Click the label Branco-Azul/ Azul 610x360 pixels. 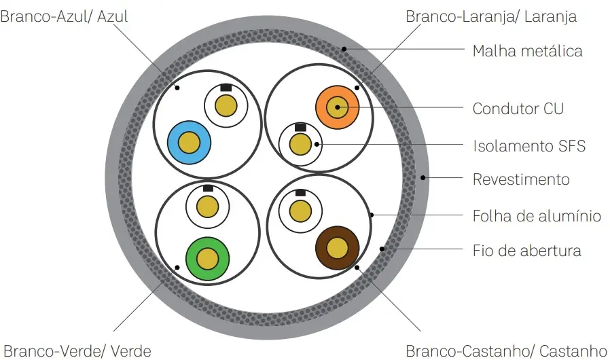(64, 16)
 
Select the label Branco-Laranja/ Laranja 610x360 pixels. (490, 16)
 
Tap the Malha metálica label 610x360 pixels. (527, 51)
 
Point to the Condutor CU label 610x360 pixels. (518, 109)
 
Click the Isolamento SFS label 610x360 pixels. (528, 145)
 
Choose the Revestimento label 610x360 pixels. (520, 179)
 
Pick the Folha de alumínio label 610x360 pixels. (537, 216)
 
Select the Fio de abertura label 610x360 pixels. (526, 250)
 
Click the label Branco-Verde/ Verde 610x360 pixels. (75, 350)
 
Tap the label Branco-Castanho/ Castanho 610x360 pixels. (506, 350)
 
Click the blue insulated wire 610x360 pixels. (189, 143)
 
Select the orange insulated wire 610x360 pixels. (337, 107)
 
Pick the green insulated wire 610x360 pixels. (207, 258)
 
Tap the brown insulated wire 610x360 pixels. (337, 249)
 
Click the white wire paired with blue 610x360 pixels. (226, 106)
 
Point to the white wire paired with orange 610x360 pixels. (300, 144)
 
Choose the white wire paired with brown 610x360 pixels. (300, 211)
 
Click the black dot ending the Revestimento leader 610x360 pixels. (423, 179)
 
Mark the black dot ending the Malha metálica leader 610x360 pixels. (344, 49)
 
